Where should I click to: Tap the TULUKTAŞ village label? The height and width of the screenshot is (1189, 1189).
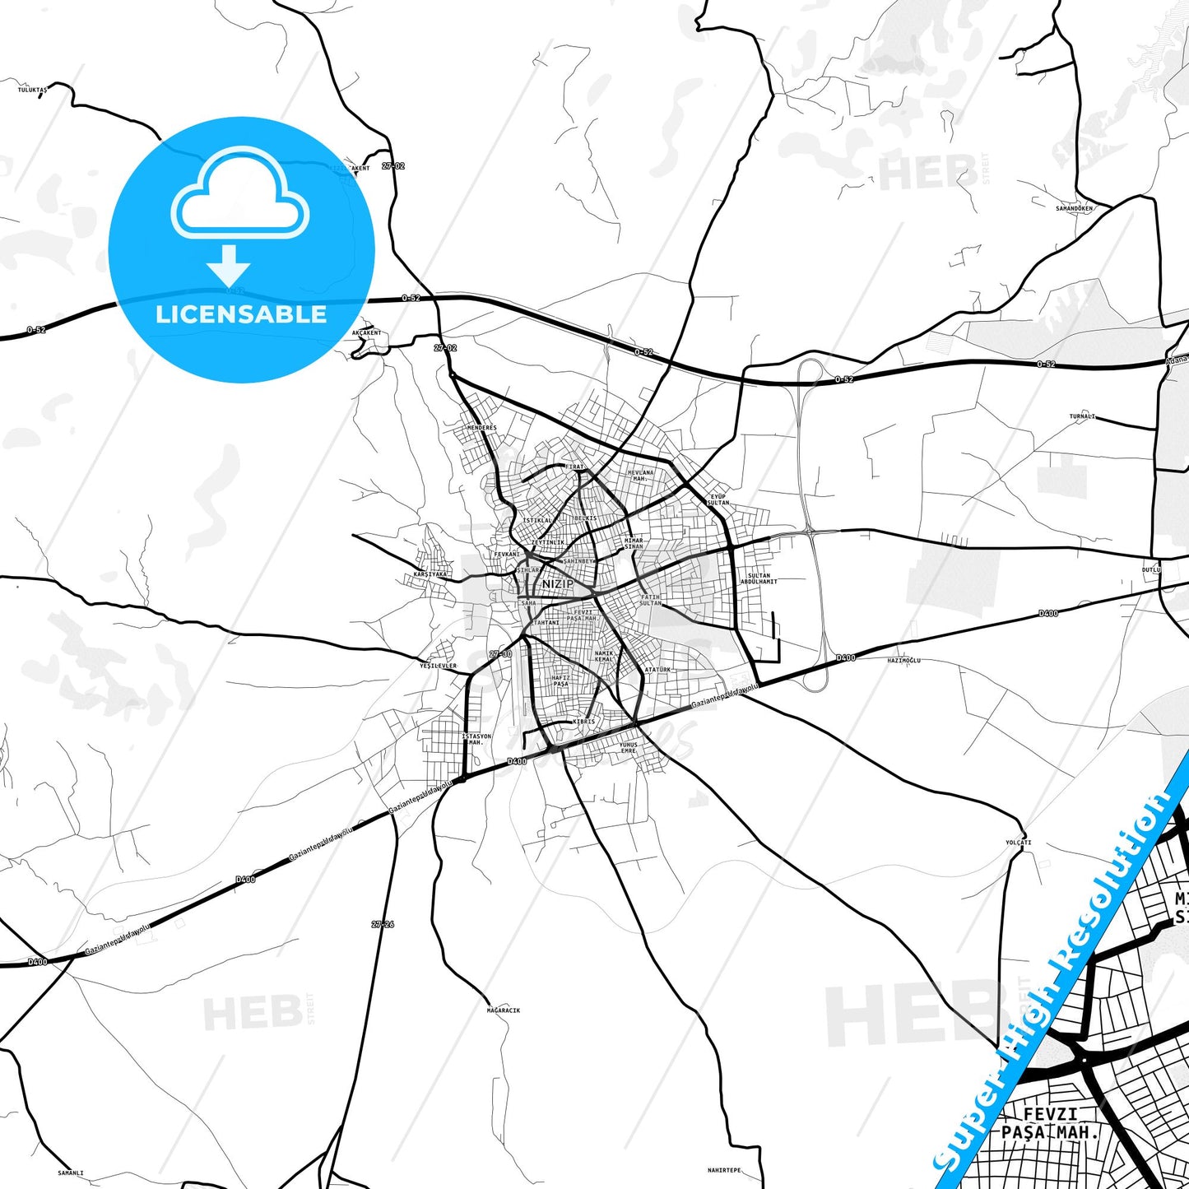click(32, 90)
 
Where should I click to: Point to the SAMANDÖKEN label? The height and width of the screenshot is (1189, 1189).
click(1074, 208)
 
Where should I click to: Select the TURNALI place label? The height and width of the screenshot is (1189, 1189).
click(1082, 416)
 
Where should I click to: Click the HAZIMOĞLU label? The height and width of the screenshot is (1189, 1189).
click(903, 661)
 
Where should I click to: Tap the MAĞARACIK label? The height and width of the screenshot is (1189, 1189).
click(503, 1010)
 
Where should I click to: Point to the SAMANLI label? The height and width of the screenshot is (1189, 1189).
click(71, 1173)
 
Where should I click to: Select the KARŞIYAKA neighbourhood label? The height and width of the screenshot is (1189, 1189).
click(430, 574)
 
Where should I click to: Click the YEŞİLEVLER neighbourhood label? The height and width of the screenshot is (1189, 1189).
click(438, 666)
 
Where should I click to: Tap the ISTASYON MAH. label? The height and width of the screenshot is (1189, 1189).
click(476, 739)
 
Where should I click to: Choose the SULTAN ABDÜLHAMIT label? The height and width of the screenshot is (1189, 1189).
click(758, 578)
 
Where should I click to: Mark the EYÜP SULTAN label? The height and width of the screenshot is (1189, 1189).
click(718, 499)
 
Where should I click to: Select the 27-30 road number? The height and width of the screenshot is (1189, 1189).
click(499, 654)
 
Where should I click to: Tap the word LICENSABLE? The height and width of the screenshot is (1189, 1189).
click(240, 314)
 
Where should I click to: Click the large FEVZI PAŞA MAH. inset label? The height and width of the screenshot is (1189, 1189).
click(1050, 1123)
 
